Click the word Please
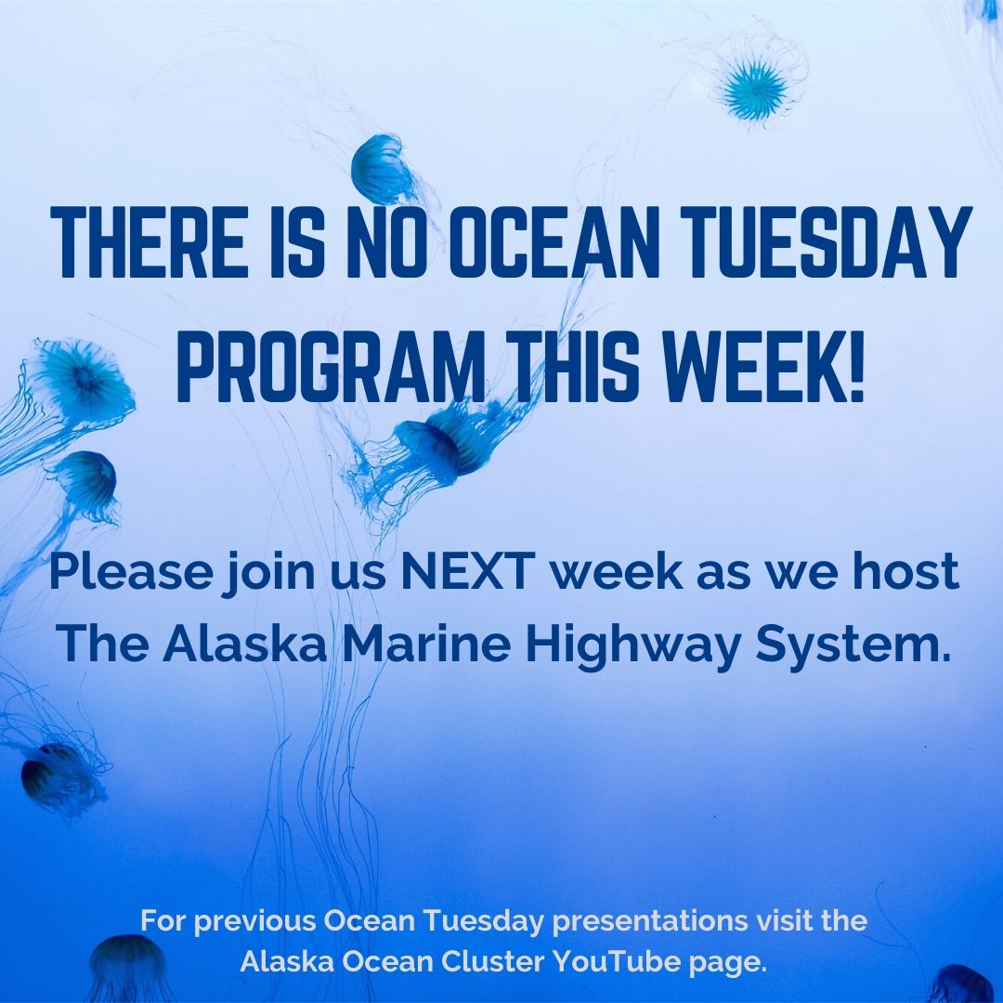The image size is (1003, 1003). (128, 574)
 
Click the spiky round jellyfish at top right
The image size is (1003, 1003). (756, 88)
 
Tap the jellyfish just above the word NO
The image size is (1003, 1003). (382, 169)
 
